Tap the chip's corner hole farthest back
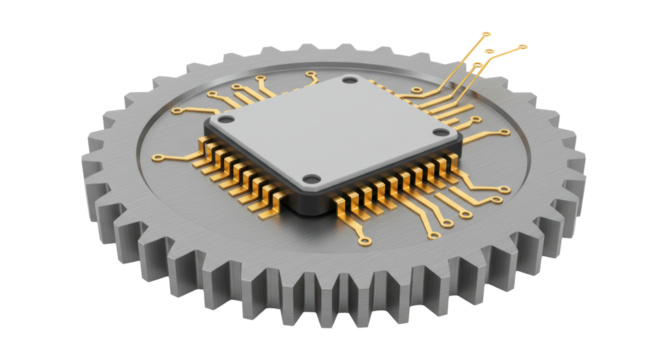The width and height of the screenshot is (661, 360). pos(348,81)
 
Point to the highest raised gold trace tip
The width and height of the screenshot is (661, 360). pos(488,34)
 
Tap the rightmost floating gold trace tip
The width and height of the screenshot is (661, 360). pos(523,46)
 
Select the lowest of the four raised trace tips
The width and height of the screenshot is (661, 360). pos(479,67)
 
